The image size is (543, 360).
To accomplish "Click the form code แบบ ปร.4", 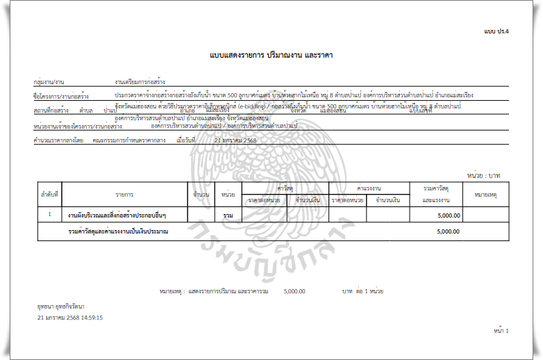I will click(496, 32).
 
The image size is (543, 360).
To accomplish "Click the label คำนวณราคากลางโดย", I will click(58, 140).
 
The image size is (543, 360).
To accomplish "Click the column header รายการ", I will click(125, 195).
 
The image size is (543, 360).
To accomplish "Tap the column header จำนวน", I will click(201, 195).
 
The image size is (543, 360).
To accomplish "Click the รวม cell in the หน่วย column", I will click(227, 216).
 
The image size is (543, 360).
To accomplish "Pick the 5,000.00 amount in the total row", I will click(449, 231).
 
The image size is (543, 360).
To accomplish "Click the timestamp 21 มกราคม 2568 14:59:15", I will click(70, 318).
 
